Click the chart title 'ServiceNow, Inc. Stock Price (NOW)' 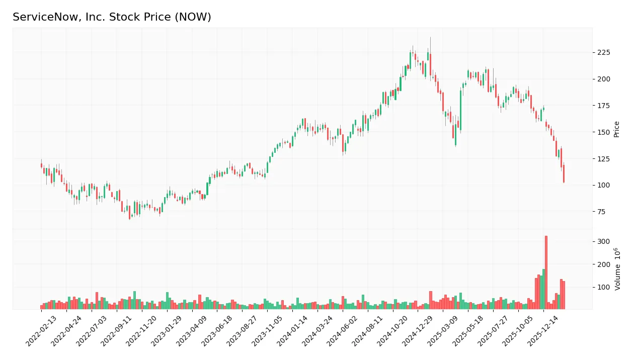tap(112, 17)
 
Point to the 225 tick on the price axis tap(603, 53)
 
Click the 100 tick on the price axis tap(603, 185)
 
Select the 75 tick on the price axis tap(602, 212)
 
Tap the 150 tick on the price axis tap(603, 132)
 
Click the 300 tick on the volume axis tap(603, 241)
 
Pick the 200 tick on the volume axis tap(603, 264)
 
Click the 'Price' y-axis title tap(616, 129)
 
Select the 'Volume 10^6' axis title tap(617, 268)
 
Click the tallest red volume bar tap(546, 272)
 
